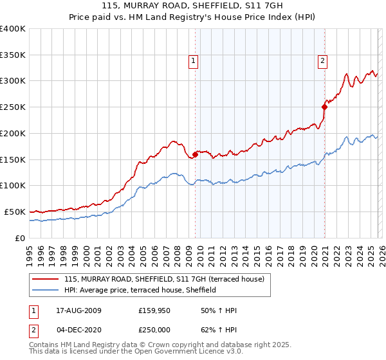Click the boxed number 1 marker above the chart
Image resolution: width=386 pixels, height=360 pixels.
[193, 61]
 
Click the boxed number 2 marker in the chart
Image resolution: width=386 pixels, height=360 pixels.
[322, 61]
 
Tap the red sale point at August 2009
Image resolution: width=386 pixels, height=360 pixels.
[195, 154]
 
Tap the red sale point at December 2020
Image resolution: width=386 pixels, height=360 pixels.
[325, 107]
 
